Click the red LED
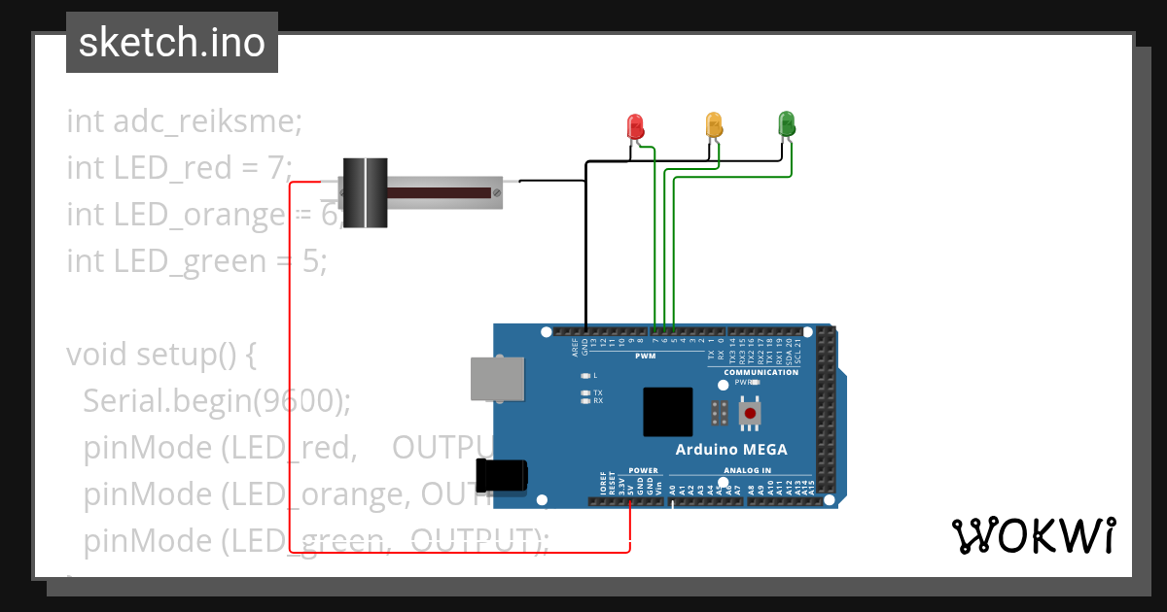pyautogui.click(x=635, y=125)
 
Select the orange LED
pyautogui.click(x=714, y=124)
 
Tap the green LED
pyautogui.click(x=787, y=123)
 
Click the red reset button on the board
pyautogui.click(x=750, y=414)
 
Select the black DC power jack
pyautogui.click(x=501, y=475)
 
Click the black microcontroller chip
pyautogui.click(x=667, y=412)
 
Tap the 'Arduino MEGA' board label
pyautogui.click(x=731, y=449)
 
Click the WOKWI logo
pyautogui.click(x=1032, y=536)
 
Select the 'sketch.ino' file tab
pyautogui.click(x=171, y=43)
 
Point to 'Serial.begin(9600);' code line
pyautogui.click(x=217, y=400)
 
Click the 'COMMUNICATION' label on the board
pyautogui.click(x=761, y=373)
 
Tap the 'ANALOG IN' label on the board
pyautogui.click(x=748, y=470)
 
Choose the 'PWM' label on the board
pyautogui.click(x=645, y=357)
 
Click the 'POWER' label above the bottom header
pyautogui.click(x=643, y=470)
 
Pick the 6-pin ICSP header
pyautogui.click(x=720, y=412)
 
